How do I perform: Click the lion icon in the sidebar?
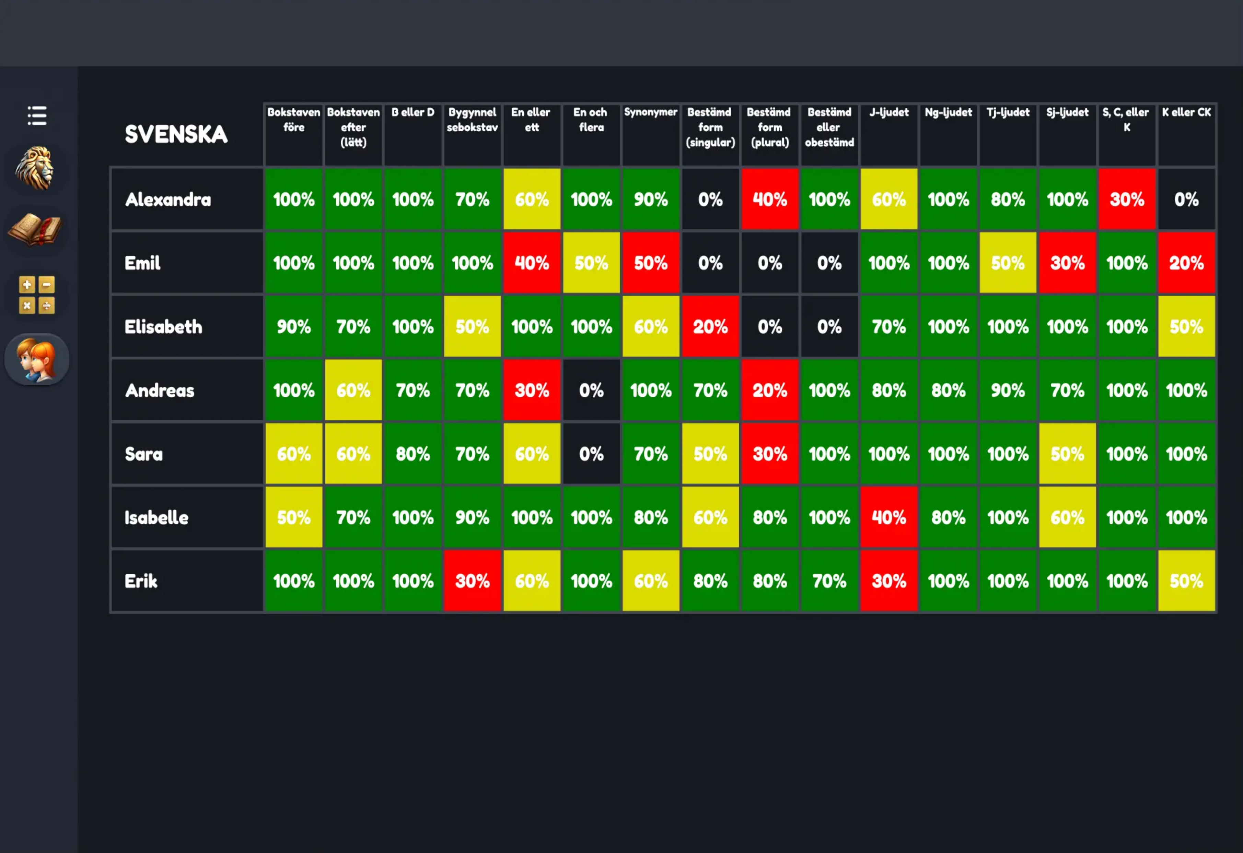click(x=35, y=169)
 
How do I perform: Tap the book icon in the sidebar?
click(x=35, y=230)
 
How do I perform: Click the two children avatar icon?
click(x=36, y=359)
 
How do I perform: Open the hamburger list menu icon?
click(x=37, y=116)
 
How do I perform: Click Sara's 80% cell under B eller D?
click(x=413, y=454)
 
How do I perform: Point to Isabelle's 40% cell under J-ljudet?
click(x=888, y=517)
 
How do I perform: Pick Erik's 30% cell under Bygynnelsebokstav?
click(x=472, y=581)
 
